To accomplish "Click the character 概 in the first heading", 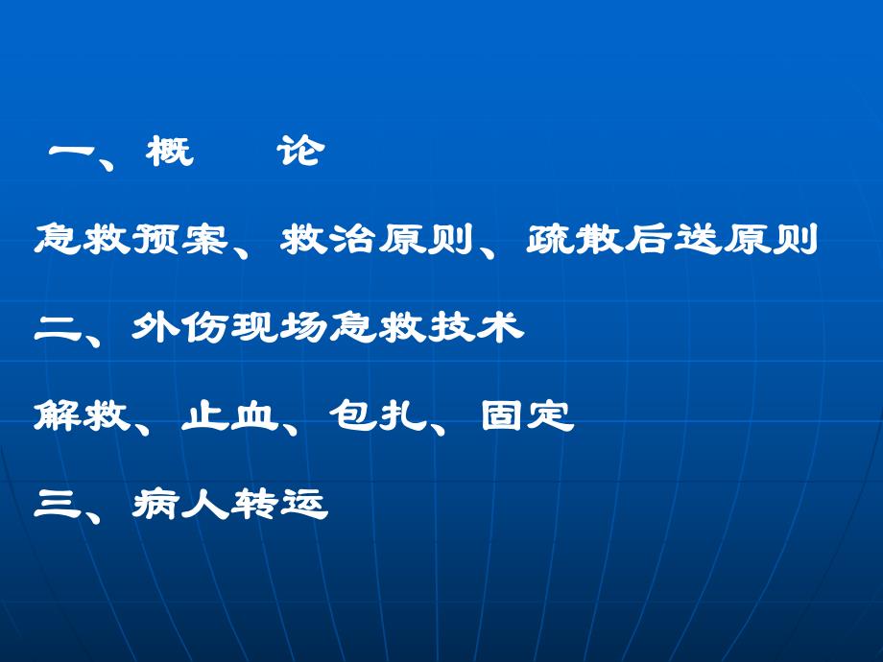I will (171, 151).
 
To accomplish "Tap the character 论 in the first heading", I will (298, 151).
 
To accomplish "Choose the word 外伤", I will (181, 329).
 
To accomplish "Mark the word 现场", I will (279, 329).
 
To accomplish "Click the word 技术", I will (476, 329).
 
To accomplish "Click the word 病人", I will (181, 505).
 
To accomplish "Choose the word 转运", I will (279, 505).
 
